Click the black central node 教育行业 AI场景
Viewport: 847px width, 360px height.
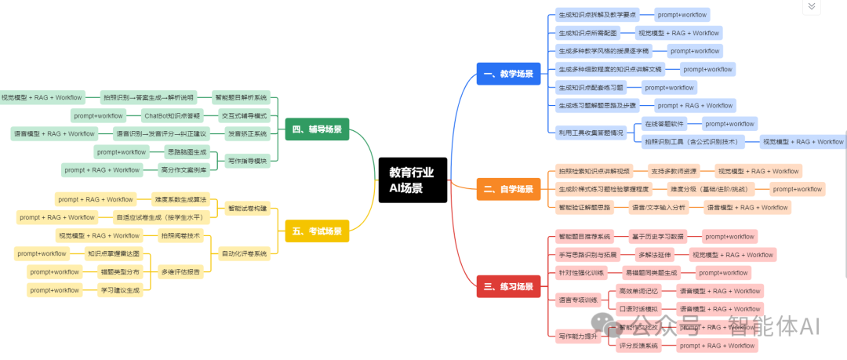point(411,180)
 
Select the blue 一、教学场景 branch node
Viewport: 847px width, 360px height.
point(508,75)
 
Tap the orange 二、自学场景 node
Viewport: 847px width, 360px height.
point(508,189)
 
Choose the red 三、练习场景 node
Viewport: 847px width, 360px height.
point(508,287)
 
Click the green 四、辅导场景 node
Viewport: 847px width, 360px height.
point(317,129)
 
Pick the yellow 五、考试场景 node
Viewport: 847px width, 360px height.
point(317,231)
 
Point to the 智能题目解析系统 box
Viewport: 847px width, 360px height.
point(242,98)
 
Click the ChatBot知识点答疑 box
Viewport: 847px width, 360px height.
point(172,116)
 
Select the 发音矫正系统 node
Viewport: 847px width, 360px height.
point(247,133)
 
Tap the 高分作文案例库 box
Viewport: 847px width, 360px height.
point(184,169)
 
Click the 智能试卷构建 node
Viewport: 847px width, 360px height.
point(247,209)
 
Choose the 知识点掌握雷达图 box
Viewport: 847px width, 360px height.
point(114,253)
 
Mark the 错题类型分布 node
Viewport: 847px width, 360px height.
point(120,271)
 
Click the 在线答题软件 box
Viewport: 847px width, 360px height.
point(664,124)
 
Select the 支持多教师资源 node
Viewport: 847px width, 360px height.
point(674,171)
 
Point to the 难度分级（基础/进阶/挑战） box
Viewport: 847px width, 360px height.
point(708,189)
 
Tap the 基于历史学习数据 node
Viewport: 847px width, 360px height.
point(657,236)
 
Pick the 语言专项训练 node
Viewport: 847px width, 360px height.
point(578,300)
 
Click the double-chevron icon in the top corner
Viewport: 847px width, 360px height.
point(812,6)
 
